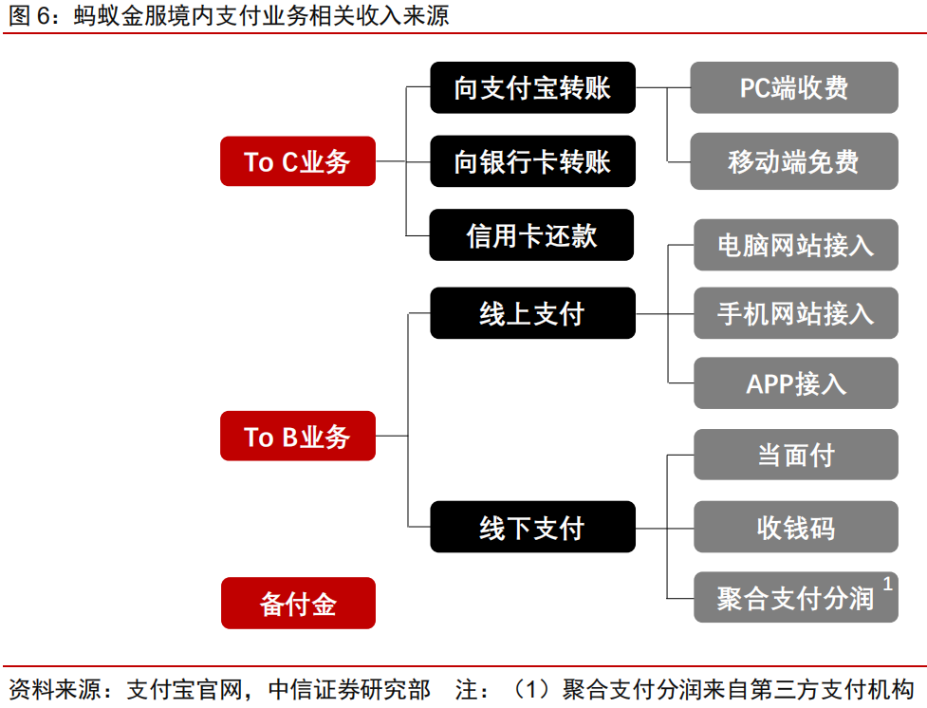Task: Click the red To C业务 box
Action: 297,161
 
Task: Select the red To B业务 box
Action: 297,437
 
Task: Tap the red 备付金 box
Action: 297,604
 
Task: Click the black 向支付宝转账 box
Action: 531,88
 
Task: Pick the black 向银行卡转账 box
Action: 531,161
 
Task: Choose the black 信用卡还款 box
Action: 531,234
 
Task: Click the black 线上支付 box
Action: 531,313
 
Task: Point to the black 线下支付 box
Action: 531,527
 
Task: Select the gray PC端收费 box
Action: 794,88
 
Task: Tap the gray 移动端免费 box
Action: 794,160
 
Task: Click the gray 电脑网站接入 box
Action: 795,244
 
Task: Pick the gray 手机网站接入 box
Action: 795,312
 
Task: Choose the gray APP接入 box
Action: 795,383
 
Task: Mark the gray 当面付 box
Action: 795,455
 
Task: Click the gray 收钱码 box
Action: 795,527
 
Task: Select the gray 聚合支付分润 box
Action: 795,598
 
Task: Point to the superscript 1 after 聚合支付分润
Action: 887,583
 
